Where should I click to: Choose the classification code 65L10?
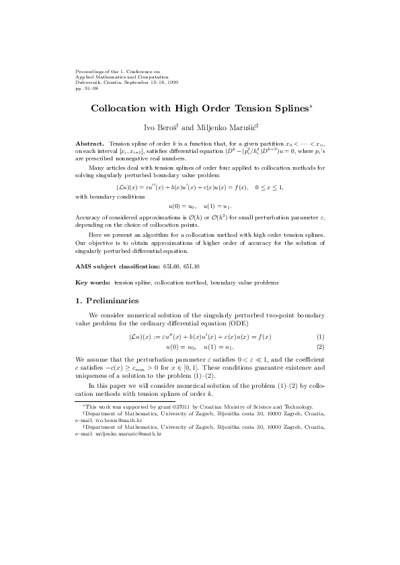191,266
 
